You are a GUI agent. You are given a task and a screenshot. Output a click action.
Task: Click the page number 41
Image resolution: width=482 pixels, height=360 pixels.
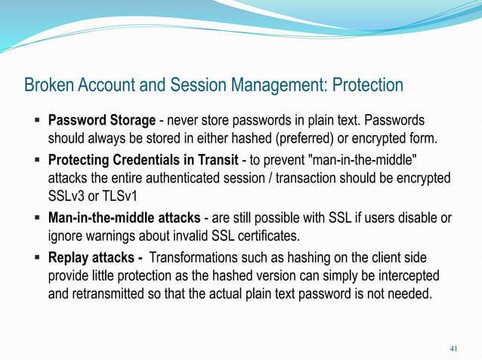point(453,348)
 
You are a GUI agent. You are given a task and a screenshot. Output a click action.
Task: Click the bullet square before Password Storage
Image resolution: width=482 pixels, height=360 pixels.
point(36,121)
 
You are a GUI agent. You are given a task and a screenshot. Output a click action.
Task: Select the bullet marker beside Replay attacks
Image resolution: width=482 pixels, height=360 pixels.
point(36,257)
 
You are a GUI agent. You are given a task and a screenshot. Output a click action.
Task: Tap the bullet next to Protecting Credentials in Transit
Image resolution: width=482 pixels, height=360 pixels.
point(36,160)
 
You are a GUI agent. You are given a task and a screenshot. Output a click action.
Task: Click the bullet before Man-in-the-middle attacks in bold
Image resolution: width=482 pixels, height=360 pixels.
point(36,218)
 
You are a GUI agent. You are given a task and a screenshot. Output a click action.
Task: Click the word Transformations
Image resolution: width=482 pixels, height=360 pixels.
point(198,257)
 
